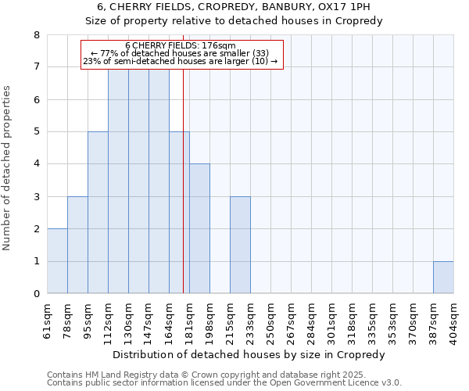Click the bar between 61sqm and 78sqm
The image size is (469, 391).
[57, 261]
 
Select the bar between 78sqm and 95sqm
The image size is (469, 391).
[77, 245]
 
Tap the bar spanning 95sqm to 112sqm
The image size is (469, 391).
[98, 213]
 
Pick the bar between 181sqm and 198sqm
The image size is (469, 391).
[199, 228]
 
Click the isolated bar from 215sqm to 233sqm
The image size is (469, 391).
[240, 245]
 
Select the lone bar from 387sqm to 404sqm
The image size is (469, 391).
[443, 278]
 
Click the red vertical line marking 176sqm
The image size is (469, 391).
[183, 180]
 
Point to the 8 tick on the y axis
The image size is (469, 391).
[36, 35]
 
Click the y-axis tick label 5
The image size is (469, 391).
[36, 132]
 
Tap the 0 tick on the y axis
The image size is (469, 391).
[36, 294]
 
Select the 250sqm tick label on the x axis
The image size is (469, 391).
[270, 321]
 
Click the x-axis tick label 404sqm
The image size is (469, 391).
[453, 321]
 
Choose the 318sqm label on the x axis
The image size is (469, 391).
[352, 321]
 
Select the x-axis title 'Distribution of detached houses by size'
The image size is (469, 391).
[249, 354]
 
